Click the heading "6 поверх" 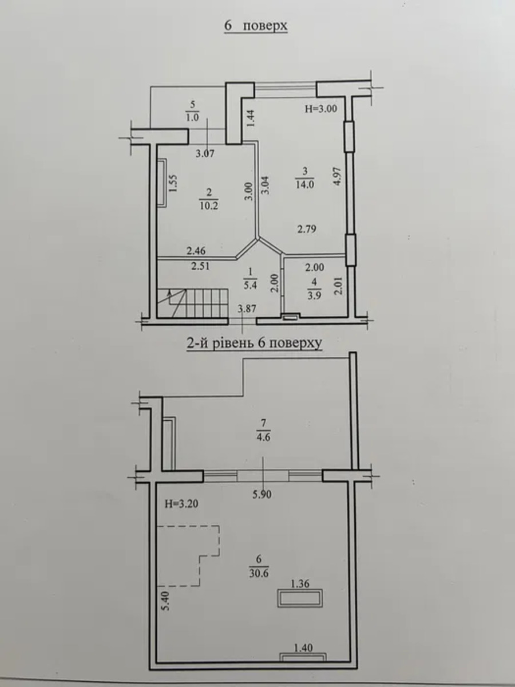(256, 26)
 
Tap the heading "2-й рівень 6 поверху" (254, 343)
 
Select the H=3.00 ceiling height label (321, 109)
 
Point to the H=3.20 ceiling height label (181, 504)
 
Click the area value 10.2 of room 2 (209, 206)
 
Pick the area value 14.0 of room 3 (305, 184)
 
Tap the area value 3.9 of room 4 (314, 296)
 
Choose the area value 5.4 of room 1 (250, 285)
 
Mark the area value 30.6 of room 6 (259, 574)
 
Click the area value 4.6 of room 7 (263, 437)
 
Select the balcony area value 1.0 (192, 117)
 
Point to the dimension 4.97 (338, 176)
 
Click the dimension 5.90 (262, 495)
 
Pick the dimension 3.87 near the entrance (247, 309)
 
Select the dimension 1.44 (251, 118)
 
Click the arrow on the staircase (170, 297)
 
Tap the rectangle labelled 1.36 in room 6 (300, 599)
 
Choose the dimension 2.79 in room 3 (307, 229)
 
